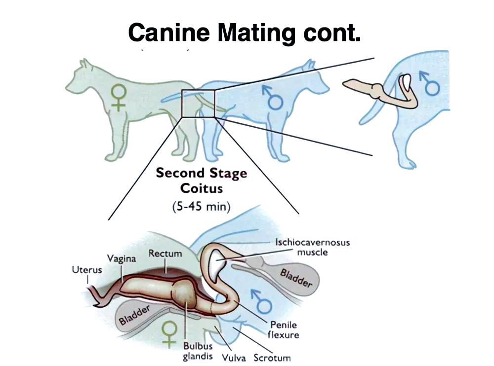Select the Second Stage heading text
(x=201, y=174)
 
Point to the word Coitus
(x=201, y=188)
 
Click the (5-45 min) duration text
(x=201, y=206)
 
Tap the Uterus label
(x=87, y=270)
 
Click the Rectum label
(x=165, y=254)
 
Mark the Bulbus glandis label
(x=198, y=352)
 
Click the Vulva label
(x=234, y=357)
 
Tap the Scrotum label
(x=272, y=357)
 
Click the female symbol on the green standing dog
(x=118, y=97)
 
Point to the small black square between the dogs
(x=198, y=104)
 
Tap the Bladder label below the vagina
(x=134, y=314)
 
